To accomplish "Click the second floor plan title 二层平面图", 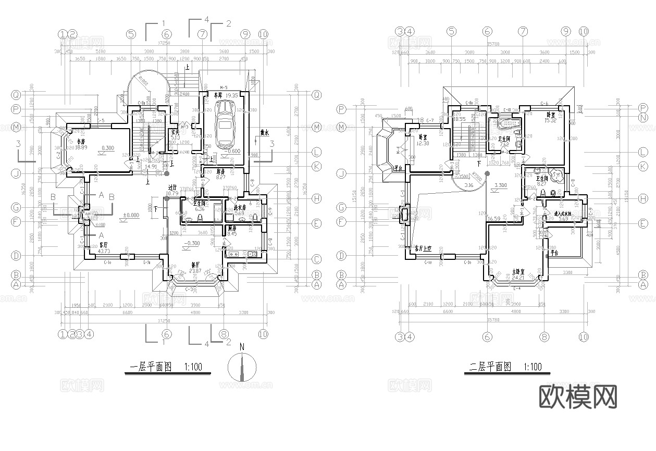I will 489,367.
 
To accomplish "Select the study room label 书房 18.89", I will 80,144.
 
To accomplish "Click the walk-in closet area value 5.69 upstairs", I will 563,219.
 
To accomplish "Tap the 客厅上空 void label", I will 423,249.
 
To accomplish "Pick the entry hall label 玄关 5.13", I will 175,135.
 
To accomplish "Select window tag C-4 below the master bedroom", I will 517,287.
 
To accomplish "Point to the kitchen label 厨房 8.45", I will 232,231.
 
